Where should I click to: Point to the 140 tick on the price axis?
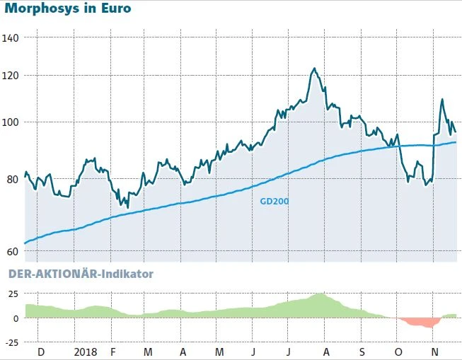click(x=11, y=37)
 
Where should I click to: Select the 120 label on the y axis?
click(x=11, y=76)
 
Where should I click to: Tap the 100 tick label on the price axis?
click(x=11, y=122)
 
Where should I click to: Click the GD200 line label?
click(x=275, y=201)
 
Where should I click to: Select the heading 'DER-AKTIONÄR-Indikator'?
click(x=80, y=274)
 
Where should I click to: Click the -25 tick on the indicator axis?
click(x=11, y=343)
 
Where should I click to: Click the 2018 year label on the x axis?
click(x=86, y=352)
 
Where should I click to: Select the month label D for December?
click(x=40, y=352)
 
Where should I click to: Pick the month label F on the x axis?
click(x=112, y=352)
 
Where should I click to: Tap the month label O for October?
click(x=398, y=352)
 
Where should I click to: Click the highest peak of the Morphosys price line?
click(x=313, y=69)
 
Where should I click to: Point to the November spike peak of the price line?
click(x=442, y=100)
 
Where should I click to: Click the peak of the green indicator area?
click(x=320, y=294)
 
